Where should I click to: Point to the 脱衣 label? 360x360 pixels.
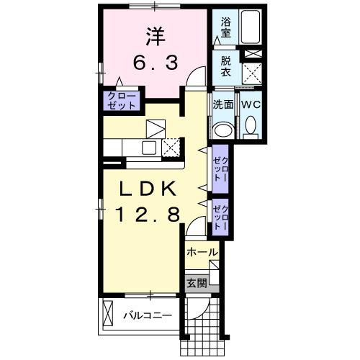(x=226, y=69)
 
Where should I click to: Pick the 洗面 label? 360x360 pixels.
(x=222, y=104)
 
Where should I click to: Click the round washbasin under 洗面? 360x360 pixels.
(x=223, y=128)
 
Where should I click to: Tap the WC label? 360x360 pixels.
(x=249, y=104)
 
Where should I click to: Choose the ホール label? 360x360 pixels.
(x=202, y=252)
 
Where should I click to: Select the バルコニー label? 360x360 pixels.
(x=146, y=315)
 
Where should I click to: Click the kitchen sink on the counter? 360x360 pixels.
(x=150, y=148)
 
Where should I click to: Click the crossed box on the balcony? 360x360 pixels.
(x=109, y=315)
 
